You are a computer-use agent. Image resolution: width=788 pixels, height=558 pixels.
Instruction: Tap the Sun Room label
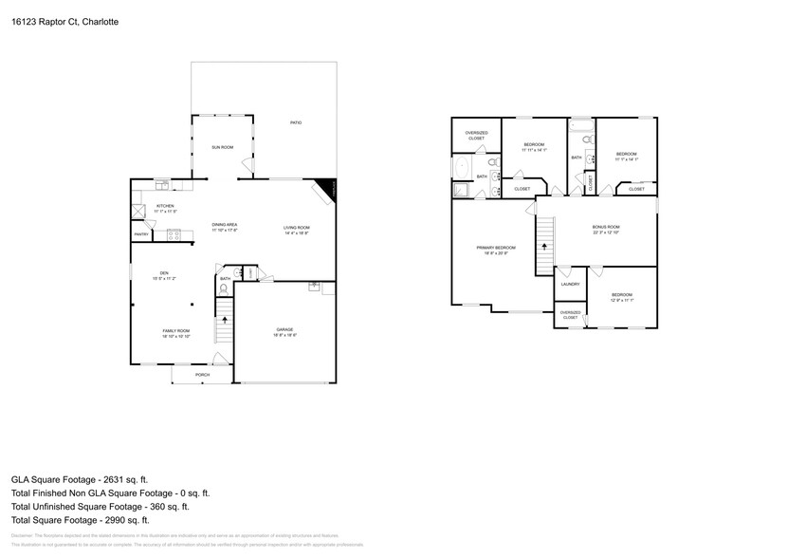pos(222,147)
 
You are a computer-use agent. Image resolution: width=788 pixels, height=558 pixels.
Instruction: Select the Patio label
pos(296,122)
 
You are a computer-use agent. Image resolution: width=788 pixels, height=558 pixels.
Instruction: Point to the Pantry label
pos(140,233)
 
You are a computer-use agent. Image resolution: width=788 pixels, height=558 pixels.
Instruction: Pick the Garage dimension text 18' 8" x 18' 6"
pos(285,335)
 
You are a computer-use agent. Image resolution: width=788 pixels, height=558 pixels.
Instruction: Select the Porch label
pos(202,375)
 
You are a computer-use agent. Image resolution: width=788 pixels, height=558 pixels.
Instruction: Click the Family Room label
pos(175,330)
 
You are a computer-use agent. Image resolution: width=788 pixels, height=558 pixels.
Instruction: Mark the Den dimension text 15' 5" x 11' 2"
pos(164,279)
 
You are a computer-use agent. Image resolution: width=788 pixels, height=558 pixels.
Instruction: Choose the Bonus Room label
pos(606,227)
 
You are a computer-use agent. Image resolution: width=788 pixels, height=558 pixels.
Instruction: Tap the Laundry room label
pos(570,284)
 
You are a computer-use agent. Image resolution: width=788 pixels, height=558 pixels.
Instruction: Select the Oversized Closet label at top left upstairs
pos(475,135)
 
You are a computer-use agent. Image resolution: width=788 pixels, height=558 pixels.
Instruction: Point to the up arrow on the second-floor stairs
pos(546,245)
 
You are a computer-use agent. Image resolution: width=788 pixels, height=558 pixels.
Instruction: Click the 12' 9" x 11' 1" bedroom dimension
pos(622,300)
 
